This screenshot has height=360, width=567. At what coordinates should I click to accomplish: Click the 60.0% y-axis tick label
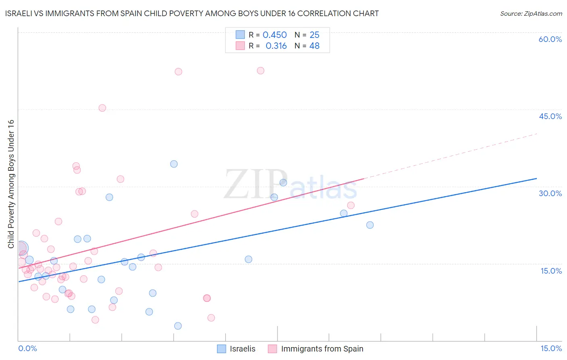tap(550, 39)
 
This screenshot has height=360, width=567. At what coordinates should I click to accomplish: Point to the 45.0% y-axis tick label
tap(550, 116)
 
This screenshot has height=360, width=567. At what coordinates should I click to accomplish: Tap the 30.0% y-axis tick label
tap(550, 193)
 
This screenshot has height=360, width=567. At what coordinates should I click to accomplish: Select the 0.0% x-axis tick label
tap(27, 348)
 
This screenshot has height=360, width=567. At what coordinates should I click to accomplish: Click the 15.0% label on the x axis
tap(551, 348)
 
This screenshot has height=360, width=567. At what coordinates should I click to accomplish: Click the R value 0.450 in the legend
tap(275, 35)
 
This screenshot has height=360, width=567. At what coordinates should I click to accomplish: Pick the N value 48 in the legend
tap(315, 46)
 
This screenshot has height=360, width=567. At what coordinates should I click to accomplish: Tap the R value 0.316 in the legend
tap(276, 46)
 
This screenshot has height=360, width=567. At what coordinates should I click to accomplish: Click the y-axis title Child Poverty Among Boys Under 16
tap(11, 184)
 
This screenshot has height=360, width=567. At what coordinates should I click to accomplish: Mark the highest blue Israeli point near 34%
tap(174, 164)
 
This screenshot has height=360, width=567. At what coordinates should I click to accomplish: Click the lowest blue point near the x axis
tap(178, 326)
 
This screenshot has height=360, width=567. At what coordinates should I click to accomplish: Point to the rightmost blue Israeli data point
tap(370, 225)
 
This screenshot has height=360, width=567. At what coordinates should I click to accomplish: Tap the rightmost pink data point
tap(351, 205)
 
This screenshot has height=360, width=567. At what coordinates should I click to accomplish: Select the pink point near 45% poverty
tap(102, 108)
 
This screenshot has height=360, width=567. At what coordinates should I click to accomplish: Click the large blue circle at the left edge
tap(21, 248)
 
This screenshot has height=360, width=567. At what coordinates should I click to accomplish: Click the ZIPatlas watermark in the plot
tap(290, 185)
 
